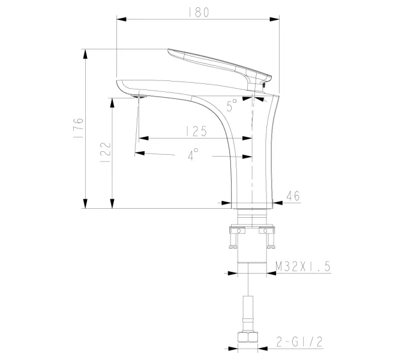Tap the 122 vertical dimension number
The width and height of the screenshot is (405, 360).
(104, 150)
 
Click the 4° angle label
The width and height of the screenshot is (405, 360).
(193, 155)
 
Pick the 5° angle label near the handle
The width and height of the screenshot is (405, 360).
(232, 106)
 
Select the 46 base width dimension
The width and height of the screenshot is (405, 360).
(293, 195)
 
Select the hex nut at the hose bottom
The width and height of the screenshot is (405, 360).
(248, 337)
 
